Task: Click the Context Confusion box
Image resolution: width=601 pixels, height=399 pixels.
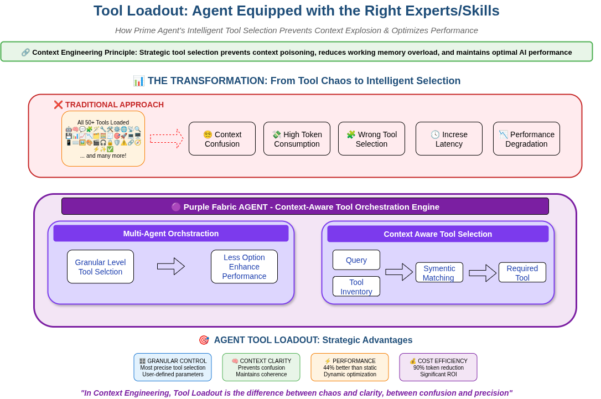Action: pos(222,139)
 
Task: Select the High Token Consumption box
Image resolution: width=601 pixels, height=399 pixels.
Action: pos(297,139)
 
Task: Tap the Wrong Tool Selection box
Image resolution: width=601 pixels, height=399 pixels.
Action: pos(371,139)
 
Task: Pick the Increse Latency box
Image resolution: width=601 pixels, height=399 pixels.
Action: pos(449,139)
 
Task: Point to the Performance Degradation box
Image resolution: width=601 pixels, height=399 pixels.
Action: pos(526,139)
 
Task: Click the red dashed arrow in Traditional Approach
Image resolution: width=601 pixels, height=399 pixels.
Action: pos(167,138)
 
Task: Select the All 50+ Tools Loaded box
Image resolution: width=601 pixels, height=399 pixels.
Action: pos(103,138)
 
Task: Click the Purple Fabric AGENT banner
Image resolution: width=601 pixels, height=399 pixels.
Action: pos(305,206)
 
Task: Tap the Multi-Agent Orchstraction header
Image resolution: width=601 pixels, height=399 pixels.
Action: pos(171,234)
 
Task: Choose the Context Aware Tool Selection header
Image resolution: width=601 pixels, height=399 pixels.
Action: pos(438,234)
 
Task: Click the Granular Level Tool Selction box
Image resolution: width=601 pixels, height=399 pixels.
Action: pos(100,267)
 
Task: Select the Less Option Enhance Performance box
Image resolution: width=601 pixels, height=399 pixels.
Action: pos(244,267)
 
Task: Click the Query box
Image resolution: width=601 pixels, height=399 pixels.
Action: pos(356,260)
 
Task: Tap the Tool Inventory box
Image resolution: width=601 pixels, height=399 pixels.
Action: pos(356,287)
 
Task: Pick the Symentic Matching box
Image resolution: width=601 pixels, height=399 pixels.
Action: pos(439,273)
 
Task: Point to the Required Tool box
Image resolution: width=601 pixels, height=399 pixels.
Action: pos(522,273)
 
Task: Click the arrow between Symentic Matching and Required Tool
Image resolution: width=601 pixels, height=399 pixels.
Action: pos(483,273)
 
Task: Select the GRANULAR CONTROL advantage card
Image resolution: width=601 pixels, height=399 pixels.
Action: pos(173,367)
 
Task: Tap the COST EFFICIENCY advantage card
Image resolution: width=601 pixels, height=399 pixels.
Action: pos(438,367)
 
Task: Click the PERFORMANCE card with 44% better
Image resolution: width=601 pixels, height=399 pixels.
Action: pos(350,367)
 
